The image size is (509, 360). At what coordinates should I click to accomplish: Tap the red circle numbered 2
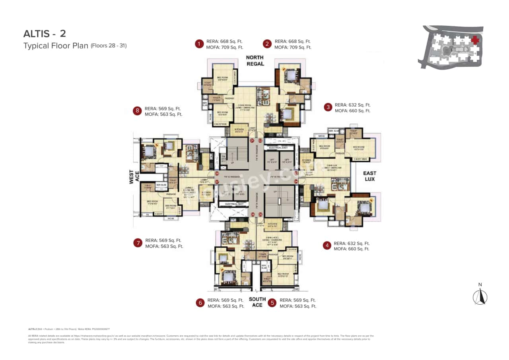[x=268, y=44]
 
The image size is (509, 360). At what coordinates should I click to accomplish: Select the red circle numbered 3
[x=328, y=107]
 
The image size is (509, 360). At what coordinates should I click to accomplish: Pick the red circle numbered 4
[x=327, y=245]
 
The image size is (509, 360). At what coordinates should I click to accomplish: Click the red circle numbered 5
[x=272, y=303]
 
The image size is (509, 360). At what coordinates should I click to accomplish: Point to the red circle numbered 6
[x=200, y=303]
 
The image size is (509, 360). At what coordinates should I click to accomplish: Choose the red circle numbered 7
[x=138, y=243]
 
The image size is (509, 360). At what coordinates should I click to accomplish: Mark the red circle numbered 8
[x=138, y=111]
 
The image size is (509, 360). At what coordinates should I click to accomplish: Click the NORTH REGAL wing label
[x=255, y=61]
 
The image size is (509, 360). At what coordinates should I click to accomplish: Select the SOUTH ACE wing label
[x=257, y=302]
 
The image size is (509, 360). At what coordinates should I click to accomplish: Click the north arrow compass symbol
[x=480, y=296]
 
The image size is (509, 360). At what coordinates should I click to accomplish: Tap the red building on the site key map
[x=474, y=40]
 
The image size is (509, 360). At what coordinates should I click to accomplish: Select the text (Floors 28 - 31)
[x=109, y=45]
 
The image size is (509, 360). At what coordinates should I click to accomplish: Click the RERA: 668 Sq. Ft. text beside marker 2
[x=292, y=41]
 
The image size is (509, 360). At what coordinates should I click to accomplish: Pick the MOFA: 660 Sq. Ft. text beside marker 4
[x=351, y=249]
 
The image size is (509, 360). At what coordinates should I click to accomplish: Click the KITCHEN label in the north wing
[x=240, y=130]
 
